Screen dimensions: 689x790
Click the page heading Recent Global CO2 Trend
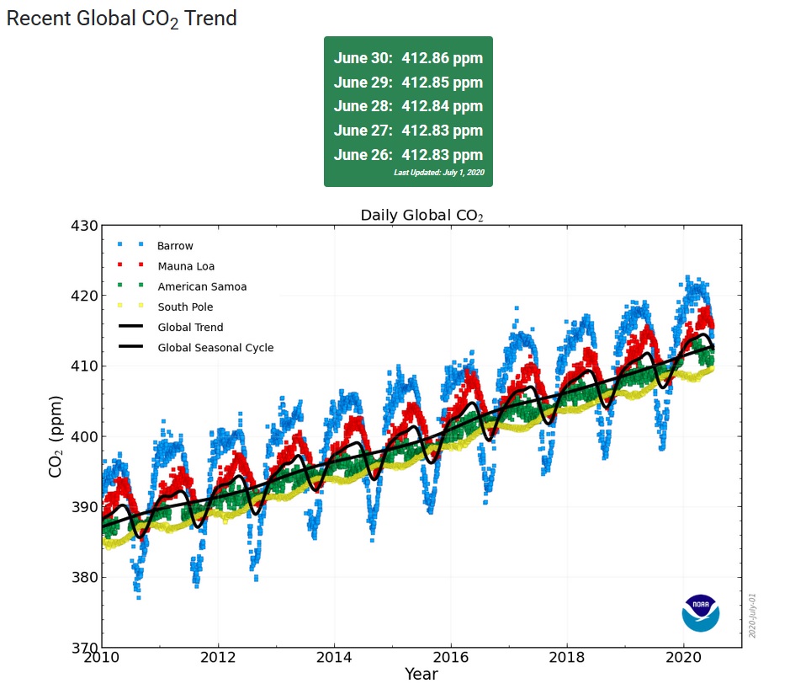[122, 19]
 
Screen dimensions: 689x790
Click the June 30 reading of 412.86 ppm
[408, 58]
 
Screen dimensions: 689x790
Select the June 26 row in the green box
[408, 155]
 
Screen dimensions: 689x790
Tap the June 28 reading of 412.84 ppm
[408, 106]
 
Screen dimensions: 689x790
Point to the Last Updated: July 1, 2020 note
[438, 173]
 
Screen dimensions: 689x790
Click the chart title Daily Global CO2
[422, 216]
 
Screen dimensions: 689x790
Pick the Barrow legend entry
[175, 246]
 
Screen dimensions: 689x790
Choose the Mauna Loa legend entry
[186, 266]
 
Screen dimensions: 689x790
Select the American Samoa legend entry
[202, 286]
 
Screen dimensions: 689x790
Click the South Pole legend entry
[185, 307]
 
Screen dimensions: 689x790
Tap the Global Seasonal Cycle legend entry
[215, 347]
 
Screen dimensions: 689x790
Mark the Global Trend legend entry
[190, 327]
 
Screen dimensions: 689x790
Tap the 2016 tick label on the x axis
[451, 658]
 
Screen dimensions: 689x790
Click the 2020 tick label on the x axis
[684, 658]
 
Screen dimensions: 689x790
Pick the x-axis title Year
[421, 674]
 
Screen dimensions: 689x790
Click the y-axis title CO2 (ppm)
[56, 436]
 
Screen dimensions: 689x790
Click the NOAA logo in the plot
[700, 612]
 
